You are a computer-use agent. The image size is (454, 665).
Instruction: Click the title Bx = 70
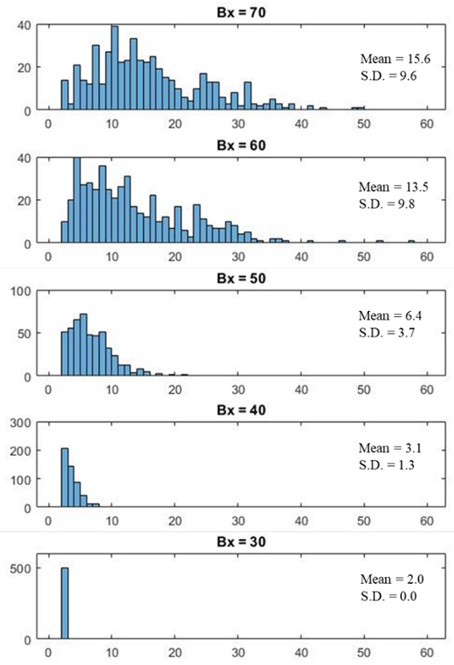[241, 13]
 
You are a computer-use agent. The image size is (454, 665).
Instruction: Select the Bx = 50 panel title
[241, 278]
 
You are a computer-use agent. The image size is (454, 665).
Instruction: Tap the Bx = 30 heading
[241, 542]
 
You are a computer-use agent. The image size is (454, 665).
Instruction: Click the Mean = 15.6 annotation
[395, 59]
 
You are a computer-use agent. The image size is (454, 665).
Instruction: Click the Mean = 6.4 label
[390, 316]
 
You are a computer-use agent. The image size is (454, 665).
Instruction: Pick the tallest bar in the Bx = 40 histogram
[65, 478]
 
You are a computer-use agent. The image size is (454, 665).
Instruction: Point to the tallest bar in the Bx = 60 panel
[77, 200]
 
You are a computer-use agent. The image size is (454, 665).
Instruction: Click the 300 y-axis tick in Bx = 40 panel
[20, 423]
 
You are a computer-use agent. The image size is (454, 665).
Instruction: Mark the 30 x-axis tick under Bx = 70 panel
[238, 124]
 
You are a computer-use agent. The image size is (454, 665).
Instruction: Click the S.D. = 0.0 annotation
[388, 596]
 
